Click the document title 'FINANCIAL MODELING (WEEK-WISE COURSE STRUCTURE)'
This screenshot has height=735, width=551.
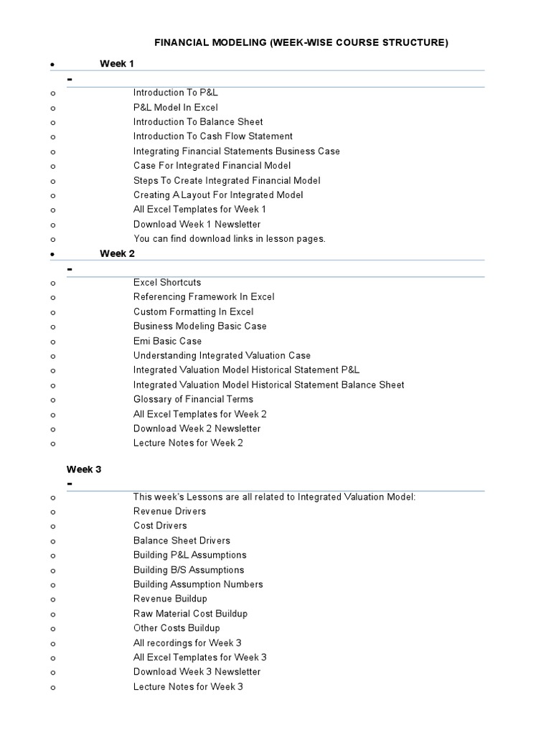coord(301,43)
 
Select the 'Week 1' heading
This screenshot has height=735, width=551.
coord(117,64)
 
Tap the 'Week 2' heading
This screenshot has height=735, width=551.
coord(117,253)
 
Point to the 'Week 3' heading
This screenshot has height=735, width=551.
coord(84,469)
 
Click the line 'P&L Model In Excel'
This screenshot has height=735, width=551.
coord(175,107)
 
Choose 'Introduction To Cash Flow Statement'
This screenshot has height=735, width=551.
coord(212,136)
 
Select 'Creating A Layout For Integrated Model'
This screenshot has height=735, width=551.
coord(218,195)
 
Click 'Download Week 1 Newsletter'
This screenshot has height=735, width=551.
coord(197,224)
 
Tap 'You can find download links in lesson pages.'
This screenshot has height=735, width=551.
coord(230,238)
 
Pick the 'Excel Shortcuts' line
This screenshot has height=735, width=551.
coord(167,282)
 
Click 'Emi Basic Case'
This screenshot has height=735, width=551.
coord(167,341)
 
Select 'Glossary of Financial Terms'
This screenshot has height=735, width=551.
coord(193,399)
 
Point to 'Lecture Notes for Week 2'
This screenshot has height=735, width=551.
coord(188,443)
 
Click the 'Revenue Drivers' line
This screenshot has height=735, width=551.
coord(169,511)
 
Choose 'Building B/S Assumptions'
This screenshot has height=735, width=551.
coord(189,569)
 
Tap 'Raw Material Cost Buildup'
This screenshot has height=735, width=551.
coord(190,614)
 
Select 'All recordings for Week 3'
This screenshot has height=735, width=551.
coord(188,642)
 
